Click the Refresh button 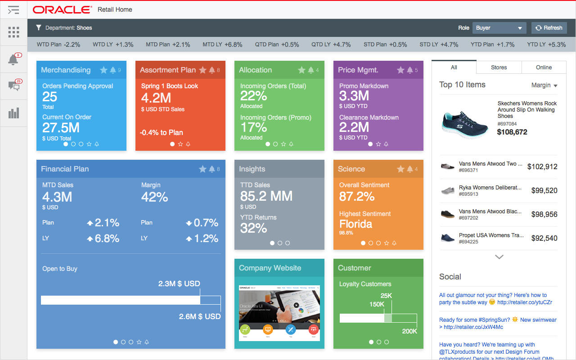coord(549,28)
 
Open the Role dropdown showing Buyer coord(499,28)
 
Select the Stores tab coord(499,67)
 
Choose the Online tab coord(544,67)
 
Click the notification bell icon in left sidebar coord(13,59)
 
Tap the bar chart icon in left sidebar coord(13,112)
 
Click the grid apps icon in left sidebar coord(13,32)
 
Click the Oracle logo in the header coord(62,9)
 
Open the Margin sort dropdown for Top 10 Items coord(544,85)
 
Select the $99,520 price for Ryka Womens coord(544,190)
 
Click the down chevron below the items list coord(499,257)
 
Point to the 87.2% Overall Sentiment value coord(357,196)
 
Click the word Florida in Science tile coord(355,224)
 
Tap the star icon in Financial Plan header coord(202,169)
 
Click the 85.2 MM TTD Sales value coord(266,196)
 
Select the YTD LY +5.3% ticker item coord(546,45)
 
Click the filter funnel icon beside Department coord(39,28)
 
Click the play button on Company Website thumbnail coord(296,305)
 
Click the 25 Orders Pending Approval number coord(50,96)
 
